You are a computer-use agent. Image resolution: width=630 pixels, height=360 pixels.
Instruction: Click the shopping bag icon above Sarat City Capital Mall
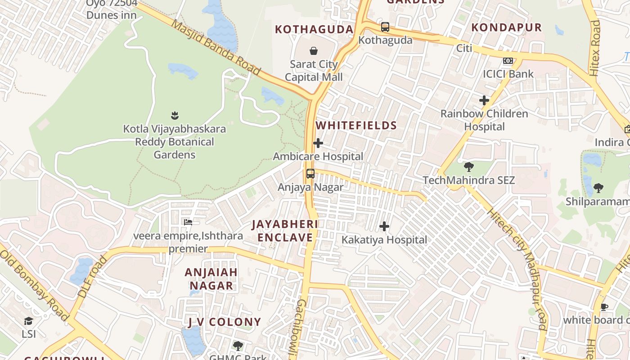(314, 51)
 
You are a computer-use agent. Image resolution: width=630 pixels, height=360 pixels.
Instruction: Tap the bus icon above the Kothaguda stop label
(385, 27)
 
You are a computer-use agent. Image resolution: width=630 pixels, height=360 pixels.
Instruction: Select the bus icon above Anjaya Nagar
(310, 174)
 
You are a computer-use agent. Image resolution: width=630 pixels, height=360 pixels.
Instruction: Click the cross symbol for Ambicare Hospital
(318, 143)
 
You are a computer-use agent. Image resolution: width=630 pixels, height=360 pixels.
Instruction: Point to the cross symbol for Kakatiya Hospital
(384, 226)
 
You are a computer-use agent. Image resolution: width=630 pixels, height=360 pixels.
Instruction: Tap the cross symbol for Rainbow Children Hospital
(484, 100)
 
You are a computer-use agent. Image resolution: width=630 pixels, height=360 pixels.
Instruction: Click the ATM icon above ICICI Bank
(508, 61)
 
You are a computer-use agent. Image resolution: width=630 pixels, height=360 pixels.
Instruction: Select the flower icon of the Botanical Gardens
(175, 116)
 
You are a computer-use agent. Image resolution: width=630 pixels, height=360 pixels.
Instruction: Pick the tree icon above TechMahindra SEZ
(469, 167)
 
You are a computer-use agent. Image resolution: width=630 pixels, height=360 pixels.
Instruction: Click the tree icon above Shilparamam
(598, 188)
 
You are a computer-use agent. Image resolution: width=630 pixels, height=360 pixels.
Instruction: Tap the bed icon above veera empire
(188, 222)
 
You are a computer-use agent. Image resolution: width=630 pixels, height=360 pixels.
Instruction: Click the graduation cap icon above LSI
(29, 321)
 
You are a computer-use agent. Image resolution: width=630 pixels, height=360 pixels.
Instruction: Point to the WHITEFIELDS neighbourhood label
(356, 126)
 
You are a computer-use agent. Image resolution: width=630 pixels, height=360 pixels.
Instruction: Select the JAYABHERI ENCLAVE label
(285, 231)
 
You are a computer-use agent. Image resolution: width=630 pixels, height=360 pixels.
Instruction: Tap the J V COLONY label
(225, 322)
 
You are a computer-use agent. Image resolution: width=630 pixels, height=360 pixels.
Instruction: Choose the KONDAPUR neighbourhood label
(506, 27)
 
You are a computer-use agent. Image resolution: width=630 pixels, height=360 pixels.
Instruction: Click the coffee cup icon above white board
(604, 307)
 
